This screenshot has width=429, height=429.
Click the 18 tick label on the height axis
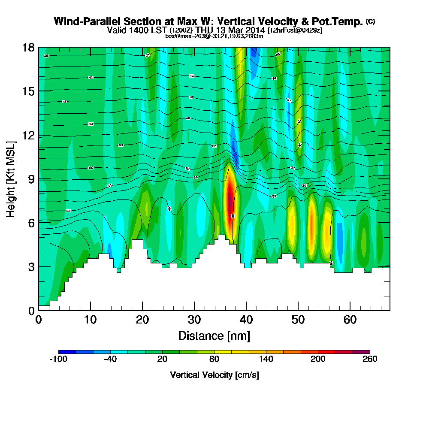click(x=28, y=47)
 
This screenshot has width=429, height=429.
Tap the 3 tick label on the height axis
click(x=31, y=267)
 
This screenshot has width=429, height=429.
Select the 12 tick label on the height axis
click(x=28, y=135)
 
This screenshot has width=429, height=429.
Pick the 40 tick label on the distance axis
click(x=246, y=320)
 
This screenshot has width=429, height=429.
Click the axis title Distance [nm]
click(x=214, y=335)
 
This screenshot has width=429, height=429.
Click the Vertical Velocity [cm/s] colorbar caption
click(x=214, y=375)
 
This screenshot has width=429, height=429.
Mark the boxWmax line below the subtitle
click(x=214, y=36)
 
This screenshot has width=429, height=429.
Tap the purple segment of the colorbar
click(x=361, y=352)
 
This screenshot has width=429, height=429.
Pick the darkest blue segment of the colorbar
click(x=67, y=352)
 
